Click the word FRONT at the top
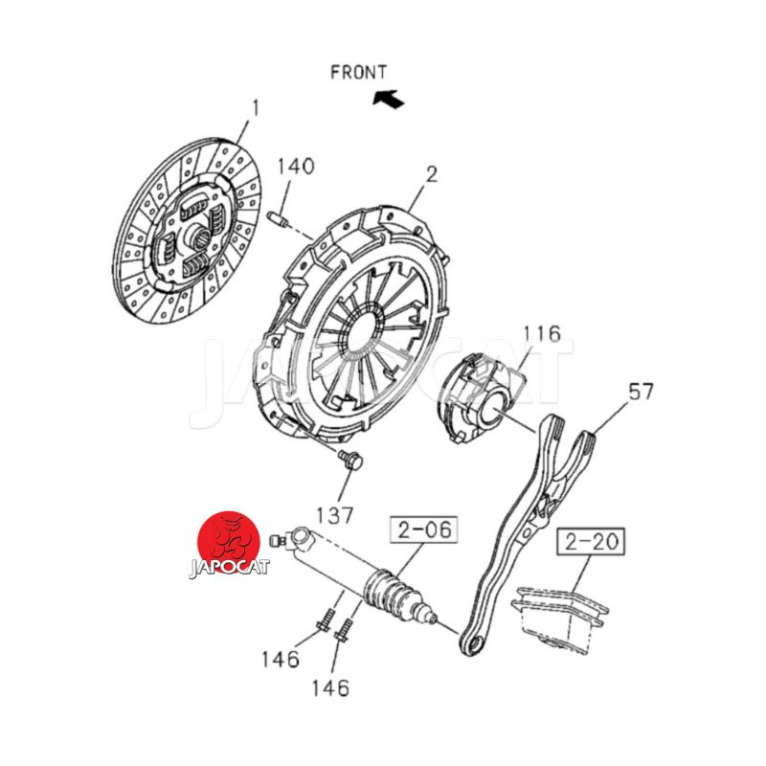tap(358, 72)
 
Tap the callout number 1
tap(256, 108)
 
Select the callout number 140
tap(296, 166)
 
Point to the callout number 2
tap(431, 174)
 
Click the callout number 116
tap(542, 334)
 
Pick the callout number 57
tap(641, 392)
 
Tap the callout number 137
tap(335, 514)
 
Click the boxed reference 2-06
tap(423, 529)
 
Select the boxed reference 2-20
tap(591, 542)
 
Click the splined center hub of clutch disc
tap(201, 235)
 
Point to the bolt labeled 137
tap(352, 461)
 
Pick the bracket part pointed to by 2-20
tap(560, 618)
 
